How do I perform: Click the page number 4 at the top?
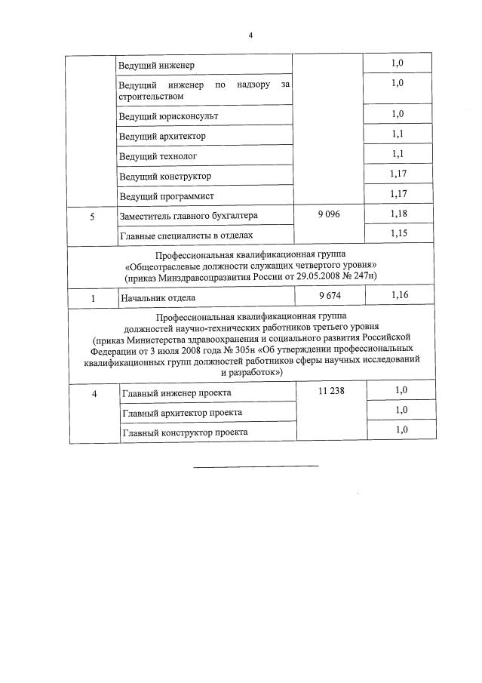(250, 35)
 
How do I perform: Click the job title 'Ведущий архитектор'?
(161, 137)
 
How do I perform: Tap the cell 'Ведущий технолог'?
(155, 156)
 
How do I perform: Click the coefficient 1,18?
(399, 215)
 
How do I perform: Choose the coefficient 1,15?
(399, 235)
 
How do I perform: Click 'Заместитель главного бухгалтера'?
(188, 216)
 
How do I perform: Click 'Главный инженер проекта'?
(176, 393)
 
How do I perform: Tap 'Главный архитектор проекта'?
(181, 413)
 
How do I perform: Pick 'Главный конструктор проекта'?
(183, 432)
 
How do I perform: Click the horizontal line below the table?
(256, 466)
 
